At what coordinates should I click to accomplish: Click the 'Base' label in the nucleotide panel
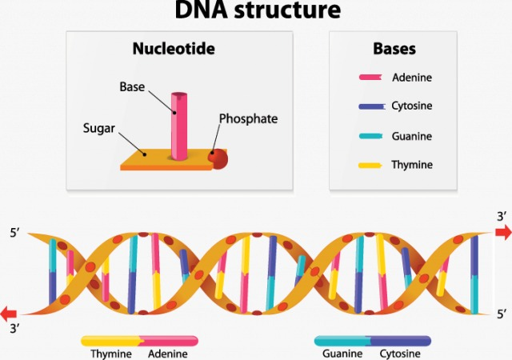[x=131, y=86]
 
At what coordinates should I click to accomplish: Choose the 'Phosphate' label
[x=249, y=118]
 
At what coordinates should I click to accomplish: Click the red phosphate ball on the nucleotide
[x=218, y=158]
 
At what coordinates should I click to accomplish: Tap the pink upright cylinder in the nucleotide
[x=178, y=124]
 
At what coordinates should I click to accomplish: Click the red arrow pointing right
[x=502, y=232]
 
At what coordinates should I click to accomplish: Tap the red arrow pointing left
[x=10, y=313]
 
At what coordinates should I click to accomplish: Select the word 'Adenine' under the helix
[x=168, y=353]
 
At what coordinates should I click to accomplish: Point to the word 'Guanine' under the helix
[x=342, y=353]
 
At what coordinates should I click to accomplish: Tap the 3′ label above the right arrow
[x=502, y=215]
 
